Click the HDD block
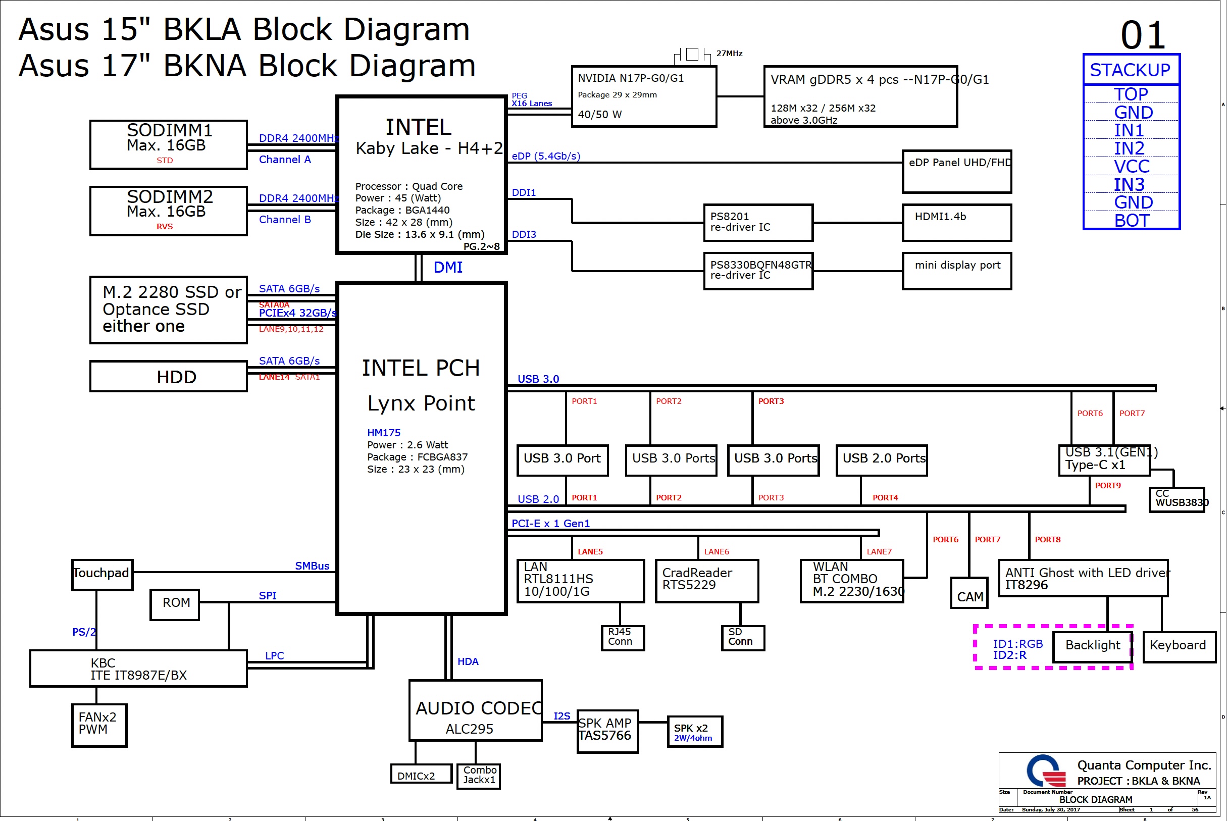click(x=168, y=377)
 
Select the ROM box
click(x=175, y=604)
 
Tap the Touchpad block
click(x=102, y=575)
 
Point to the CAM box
click(x=969, y=593)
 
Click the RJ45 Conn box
click(x=623, y=638)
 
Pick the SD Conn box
click(x=742, y=638)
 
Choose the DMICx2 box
click(x=421, y=774)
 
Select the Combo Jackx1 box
click(x=479, y=776)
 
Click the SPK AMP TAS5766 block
click(x=607, y=731)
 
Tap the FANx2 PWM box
click(x=99, y=725)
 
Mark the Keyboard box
click(x=1179, y=647)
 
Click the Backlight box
click(x=1093, y=646)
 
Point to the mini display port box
click(x=956, y=271)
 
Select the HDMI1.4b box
click(x=956, y=223)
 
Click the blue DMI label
click(x=447, y=268)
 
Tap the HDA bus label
click(x=468, y=662)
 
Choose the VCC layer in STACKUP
click(x=1131, y=167)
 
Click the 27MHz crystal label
click(x=729, y=54)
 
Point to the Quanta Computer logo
click(x=1046, y=770)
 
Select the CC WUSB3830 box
click(x=1177, y=499)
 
